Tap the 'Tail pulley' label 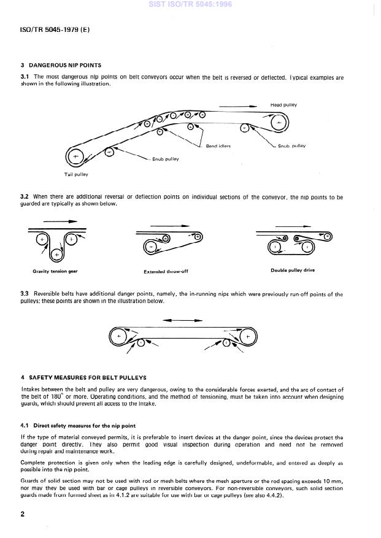pyautogui.click(x=76, y=175)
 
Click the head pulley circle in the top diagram pyautogui.click(x=279, y=123)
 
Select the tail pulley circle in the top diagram pyautogui.click(x=76, y=158)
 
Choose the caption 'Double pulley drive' pyautogui.click(x=293, y=270)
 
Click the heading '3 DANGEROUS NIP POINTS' pyautogui.click(x=61, y=65)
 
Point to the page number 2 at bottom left pyautogui.click(x=23, y=514)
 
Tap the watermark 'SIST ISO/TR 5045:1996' pyautogui.click(x=190, y=5)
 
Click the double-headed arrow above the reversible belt pyautogui.click(x=182, y=320)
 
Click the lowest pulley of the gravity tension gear pyautogui.click(x=56, y=253)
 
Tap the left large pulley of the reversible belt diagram pyautogui.click(x=119, y=336)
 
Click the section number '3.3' pyautogui.click(x=26, y=294)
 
